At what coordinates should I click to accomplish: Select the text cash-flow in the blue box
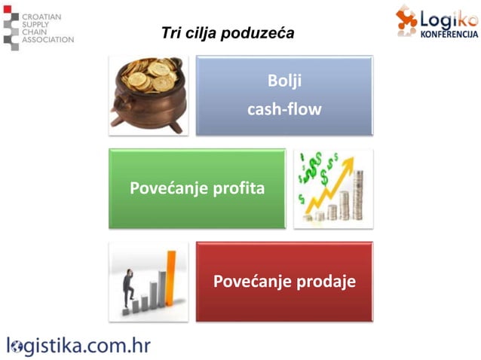click(x=284, y=109)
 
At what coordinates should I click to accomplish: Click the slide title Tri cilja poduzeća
click(x=228, y=34)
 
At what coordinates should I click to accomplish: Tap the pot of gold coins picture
click(x=148, y=94)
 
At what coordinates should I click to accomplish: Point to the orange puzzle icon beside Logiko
click(x=407, y=19)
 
